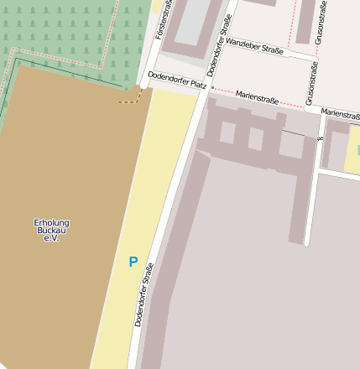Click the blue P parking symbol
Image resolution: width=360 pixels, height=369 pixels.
pos(133,262)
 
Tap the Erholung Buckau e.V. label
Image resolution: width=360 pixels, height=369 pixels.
pos(51,231)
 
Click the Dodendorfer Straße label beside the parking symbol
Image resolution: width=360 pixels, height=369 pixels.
pos(143,294)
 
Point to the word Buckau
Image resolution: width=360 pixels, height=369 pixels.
pos(51,231)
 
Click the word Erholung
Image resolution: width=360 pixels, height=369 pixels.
pos(51,222)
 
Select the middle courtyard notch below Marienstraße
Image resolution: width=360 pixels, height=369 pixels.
pos(255,138)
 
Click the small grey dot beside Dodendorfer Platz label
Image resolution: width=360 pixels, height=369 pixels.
pos(212,87)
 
